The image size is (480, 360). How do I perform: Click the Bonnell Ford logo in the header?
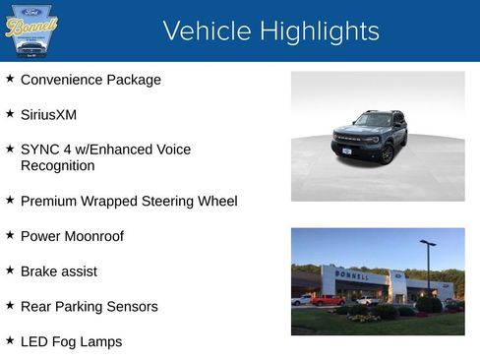tap(31, 30)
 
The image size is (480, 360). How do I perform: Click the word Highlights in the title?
tap(314, 31)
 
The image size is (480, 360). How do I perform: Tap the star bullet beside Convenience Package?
tap(10, 78)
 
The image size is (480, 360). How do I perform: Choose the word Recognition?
tap(57, 165)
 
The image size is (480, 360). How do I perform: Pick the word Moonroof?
tap(93, 236)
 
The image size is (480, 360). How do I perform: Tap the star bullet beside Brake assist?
tap(10, 270)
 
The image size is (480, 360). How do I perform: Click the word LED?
tap(35, 342)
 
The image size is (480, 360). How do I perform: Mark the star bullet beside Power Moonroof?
tap(10, 234)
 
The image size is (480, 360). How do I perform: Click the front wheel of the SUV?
tap(388, 153)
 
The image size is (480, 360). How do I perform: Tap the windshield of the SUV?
tap(373, 120)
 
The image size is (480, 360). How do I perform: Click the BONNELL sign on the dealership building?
tap(352, 276)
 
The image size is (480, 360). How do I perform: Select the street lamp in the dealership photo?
tap(428, 266)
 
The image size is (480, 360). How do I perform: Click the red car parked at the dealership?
tap(327, 300)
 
